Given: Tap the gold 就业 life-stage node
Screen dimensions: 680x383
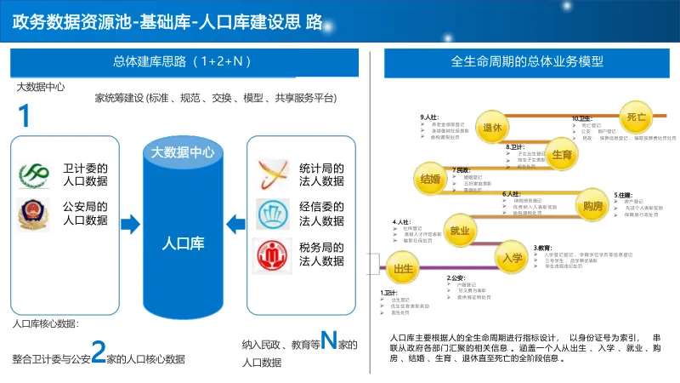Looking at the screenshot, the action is click(460, 231).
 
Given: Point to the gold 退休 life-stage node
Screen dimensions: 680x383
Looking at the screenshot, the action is click(494, 128).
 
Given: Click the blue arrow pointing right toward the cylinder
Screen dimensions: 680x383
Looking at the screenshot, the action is click(130, 224).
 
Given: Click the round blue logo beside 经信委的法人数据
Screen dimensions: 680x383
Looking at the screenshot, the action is click(273, 212).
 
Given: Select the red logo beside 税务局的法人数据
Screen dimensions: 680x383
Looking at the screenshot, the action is click(273, 254).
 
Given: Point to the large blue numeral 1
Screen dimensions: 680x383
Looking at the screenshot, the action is click(25, 117).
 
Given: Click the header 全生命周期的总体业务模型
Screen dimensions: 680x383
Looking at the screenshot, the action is click(528, 61).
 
